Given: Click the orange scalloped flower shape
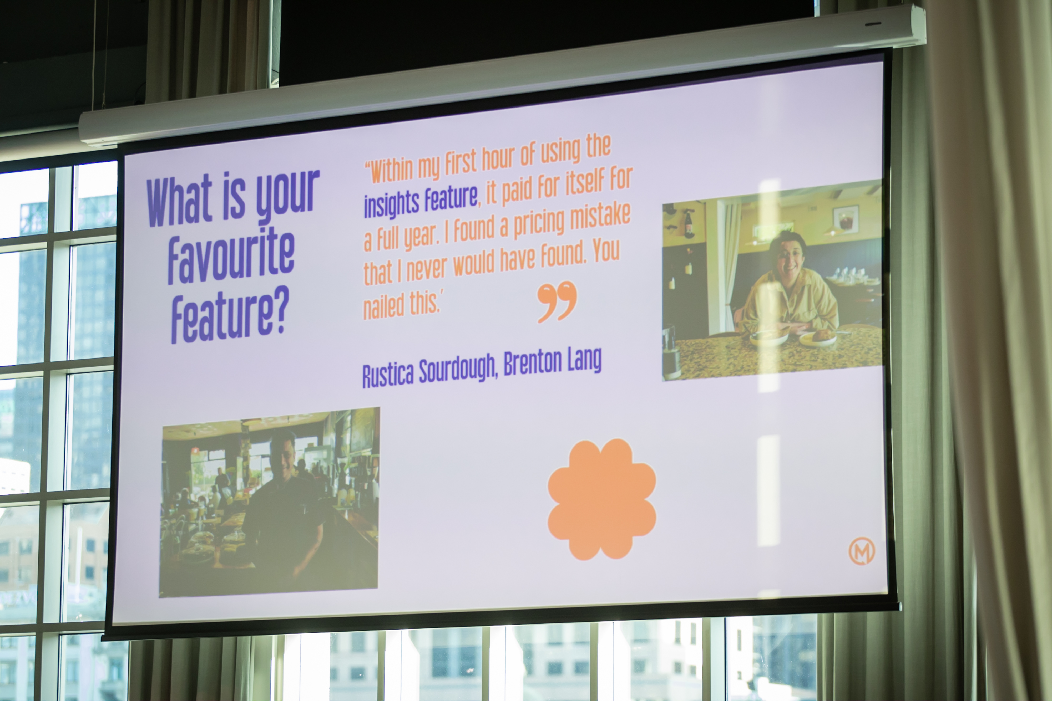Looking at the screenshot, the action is [602, 499].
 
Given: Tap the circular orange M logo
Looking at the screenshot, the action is [862, 551].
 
